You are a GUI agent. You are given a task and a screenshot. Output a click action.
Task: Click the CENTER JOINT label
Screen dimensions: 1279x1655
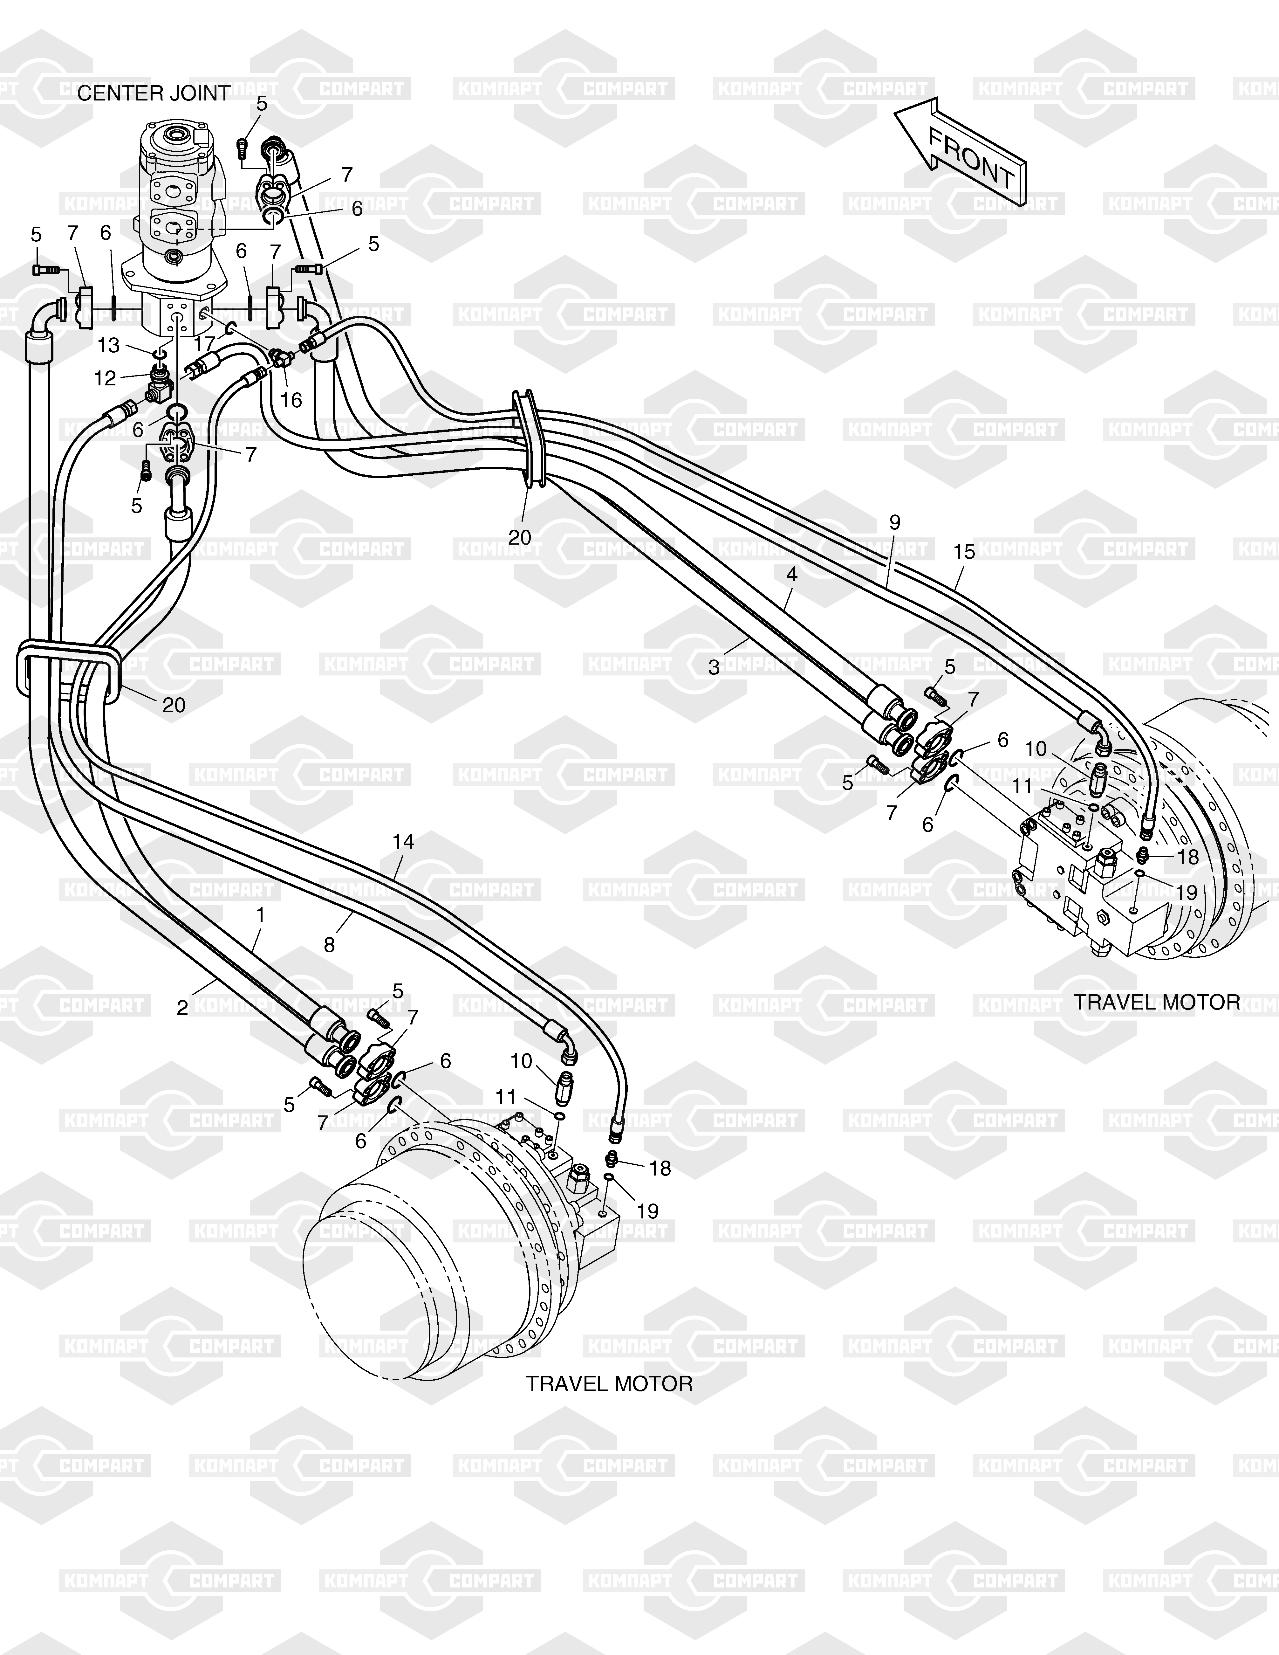[x=154, y=94]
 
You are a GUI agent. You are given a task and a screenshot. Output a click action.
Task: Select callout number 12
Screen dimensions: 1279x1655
[x=105, y=378]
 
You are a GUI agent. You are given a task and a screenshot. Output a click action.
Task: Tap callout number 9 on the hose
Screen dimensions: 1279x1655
[x=895, y=522]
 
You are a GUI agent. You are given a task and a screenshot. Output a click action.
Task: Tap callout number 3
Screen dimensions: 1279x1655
[x=714, y=668]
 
